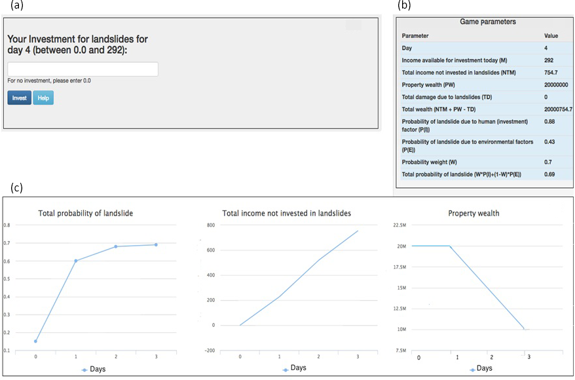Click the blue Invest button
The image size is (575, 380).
[20, 98]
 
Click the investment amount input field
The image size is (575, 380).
[83, 69]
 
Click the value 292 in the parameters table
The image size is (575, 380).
[549, 60]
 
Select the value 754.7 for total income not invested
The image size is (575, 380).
[551, 72]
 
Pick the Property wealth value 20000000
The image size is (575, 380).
[556, 85]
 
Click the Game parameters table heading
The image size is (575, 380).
[488, 22]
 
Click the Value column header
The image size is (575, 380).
[551, 35]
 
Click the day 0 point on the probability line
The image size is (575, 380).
[35, 341]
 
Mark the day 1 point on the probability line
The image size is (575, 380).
[76, 261]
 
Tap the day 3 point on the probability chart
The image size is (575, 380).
[157, 244]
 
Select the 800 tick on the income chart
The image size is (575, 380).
[212, 225]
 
